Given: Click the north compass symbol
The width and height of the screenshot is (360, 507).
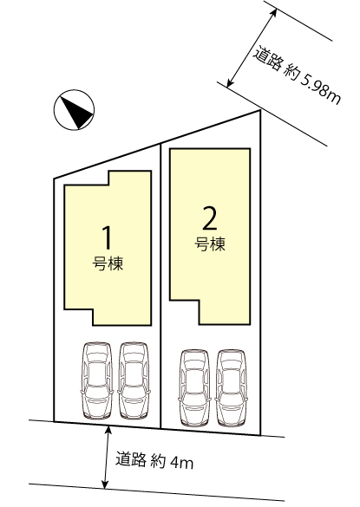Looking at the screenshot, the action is tap(74, 110).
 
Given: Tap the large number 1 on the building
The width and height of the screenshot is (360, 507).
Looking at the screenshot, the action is tap(108, 237).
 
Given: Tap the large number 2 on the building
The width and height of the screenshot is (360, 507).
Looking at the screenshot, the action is tap(210, 218).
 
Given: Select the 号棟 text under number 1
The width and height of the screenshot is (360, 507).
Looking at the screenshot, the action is tap(108, 263).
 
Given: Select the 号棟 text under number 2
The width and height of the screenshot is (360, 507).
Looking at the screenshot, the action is tap(210, 244).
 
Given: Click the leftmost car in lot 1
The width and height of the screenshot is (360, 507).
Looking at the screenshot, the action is tap(97, 380).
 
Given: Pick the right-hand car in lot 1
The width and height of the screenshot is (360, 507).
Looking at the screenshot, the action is tap(134, 380).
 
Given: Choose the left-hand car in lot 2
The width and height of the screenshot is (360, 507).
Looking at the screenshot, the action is tap(194, 388).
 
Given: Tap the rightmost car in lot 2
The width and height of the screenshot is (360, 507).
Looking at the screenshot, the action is tap(231, 388).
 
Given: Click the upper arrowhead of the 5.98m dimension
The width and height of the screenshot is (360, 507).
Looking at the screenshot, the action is tap(274, 12).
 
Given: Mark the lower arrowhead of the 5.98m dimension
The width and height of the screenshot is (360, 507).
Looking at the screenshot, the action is tap(230, 83).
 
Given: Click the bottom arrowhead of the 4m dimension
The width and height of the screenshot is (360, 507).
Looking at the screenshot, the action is tap(105, 484).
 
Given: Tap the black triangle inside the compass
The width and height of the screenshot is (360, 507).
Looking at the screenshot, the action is tap(77, 111).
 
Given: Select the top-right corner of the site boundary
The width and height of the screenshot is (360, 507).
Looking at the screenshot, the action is tap(260, 110).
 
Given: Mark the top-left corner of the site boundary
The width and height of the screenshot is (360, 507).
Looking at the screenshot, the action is tap(54, 179).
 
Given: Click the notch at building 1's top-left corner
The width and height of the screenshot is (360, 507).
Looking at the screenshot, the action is tap(108, 185).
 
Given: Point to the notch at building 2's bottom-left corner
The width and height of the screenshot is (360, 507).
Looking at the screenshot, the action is tap(200, 301).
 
